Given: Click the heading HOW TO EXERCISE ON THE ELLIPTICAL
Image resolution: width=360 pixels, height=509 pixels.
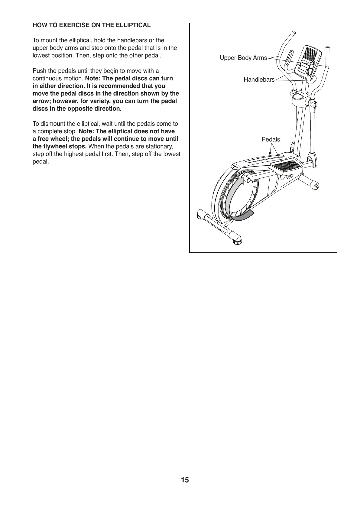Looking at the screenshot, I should click(91, 25).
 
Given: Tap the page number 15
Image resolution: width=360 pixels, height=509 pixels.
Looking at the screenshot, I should click(185, 480).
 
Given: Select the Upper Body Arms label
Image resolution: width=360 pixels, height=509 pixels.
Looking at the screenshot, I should click(243, 58).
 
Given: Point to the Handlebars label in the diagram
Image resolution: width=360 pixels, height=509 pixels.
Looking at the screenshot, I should click(259, 80).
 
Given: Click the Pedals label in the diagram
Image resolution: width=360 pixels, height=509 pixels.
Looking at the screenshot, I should click(271, 139).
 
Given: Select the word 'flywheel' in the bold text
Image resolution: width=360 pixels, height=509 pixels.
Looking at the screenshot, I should click(55, 147).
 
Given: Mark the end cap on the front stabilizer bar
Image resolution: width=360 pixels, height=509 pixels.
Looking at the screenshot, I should click(316, 186).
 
